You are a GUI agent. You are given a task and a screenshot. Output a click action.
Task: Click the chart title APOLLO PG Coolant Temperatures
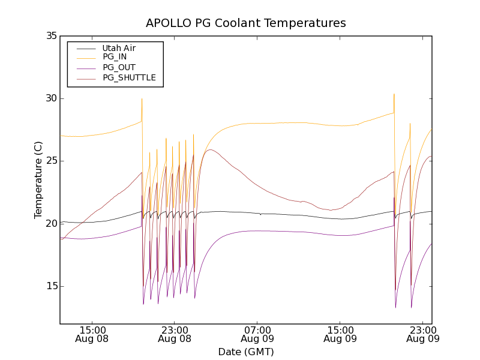tap(246, 23)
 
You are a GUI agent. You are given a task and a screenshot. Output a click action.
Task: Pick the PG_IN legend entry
tap(115, 57)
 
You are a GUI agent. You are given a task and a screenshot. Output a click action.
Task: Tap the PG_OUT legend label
tap(119, 67)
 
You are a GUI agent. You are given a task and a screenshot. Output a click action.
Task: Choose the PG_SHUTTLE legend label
tap(129, 77)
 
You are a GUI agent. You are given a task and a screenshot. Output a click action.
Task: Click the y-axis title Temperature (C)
tap(38, 180)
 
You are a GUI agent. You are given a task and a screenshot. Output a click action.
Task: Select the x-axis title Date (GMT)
tap(246, 352)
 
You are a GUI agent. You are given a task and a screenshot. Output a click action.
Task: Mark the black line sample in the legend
tap(83, 48)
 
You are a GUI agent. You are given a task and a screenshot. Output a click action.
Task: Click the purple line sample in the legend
tap(83, 67)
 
